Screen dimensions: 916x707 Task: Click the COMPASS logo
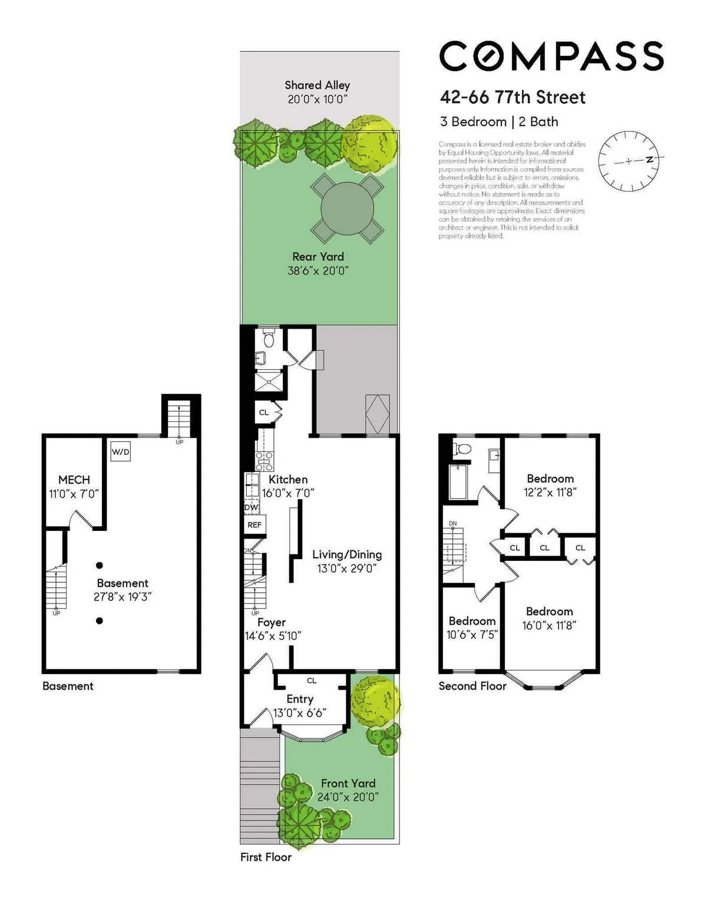[x=551, y=57]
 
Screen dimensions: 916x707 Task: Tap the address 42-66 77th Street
[x=513, y=97]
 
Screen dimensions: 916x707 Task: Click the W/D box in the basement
[x=120, y=452]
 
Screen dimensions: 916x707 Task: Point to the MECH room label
[x=74, y=480]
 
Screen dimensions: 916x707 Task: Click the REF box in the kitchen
[x=255, y=525]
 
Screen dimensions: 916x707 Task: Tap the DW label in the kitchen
[x=251, y=507]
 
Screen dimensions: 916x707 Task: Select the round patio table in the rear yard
[x=347, y=209]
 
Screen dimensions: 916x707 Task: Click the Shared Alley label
[x=317, y=86]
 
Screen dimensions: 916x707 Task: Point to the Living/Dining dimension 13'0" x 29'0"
[x=346, y=569]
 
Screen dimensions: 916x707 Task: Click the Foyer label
[x=272, y=622]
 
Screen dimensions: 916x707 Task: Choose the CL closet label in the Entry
[x=312, y=681]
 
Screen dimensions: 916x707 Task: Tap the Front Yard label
[x=348, y=783]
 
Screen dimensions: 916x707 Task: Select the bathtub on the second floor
[x=458, y=481]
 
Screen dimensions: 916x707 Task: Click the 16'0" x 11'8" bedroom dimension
[x=549, y=625]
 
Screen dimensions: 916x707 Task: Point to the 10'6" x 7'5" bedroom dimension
[x=472, y=635]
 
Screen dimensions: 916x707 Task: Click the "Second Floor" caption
[x=473, y=686]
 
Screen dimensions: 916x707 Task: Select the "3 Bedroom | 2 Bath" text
[x=499, y=122]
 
